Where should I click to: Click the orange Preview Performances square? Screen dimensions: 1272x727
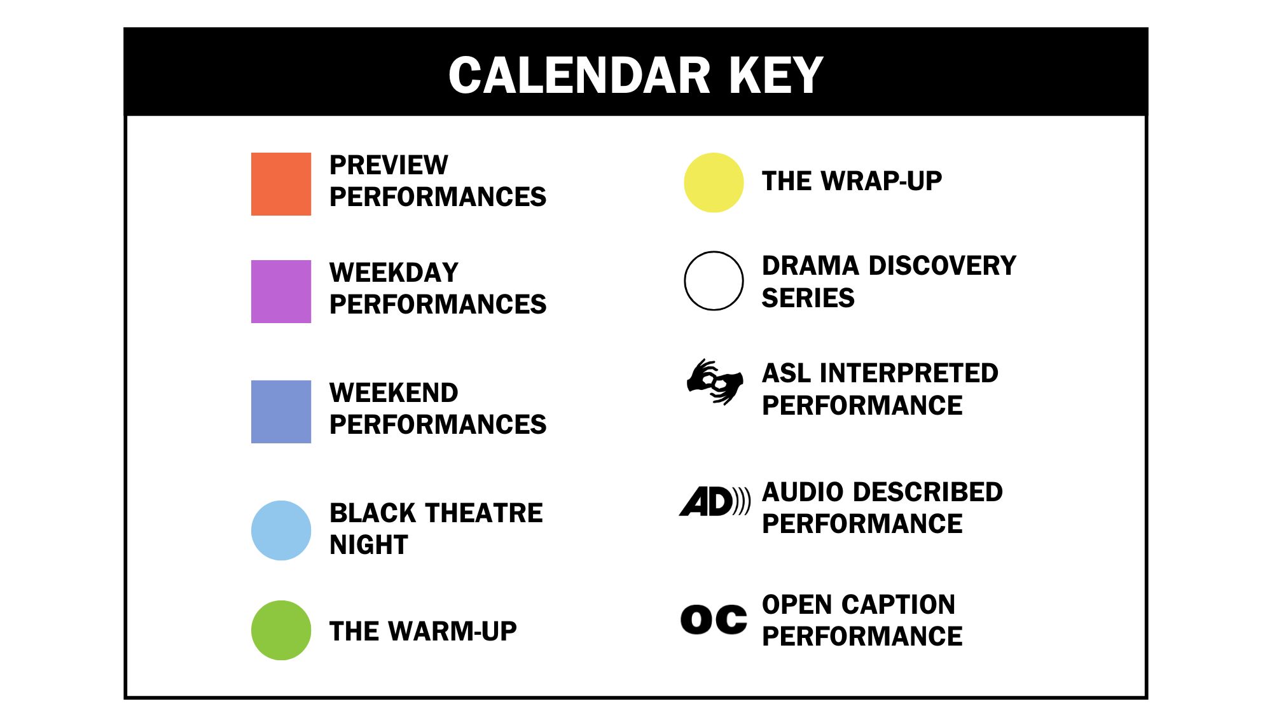(281, 184)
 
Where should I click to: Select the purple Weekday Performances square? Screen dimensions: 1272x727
(281, 291)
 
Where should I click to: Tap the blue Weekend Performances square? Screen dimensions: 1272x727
(281, 412)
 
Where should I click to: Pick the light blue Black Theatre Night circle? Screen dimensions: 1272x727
(281, 530)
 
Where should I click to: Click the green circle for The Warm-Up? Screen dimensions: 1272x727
(281, 630)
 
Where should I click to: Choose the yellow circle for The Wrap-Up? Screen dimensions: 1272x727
(714, 183)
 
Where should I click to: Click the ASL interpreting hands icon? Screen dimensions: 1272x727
(715, 382)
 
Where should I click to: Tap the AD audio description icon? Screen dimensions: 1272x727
(715, 501)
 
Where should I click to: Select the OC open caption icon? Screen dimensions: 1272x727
(714, 620)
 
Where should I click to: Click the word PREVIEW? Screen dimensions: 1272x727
(389, 165)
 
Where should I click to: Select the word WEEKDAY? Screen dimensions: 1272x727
(394, 273)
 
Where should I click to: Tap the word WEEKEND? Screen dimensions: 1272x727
(394, 393)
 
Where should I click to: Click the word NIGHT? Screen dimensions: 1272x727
(369, 545)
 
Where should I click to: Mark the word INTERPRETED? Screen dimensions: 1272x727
(909, 373)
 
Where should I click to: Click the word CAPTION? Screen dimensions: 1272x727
(898, 605)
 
